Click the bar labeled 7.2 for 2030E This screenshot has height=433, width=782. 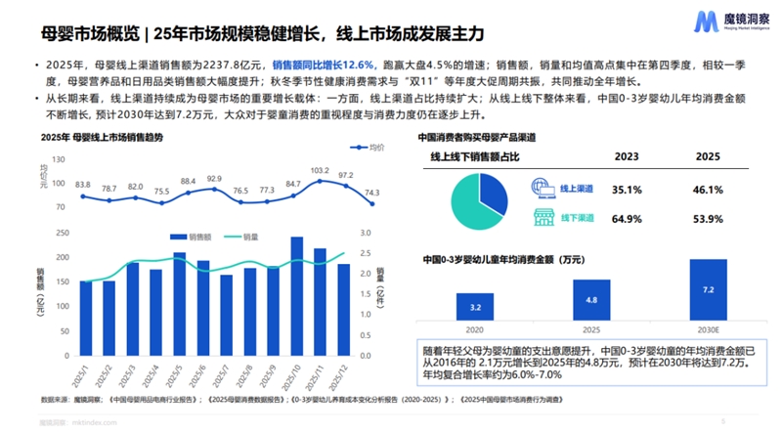(708, 291)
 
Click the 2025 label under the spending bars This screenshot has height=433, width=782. (590, 330)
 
